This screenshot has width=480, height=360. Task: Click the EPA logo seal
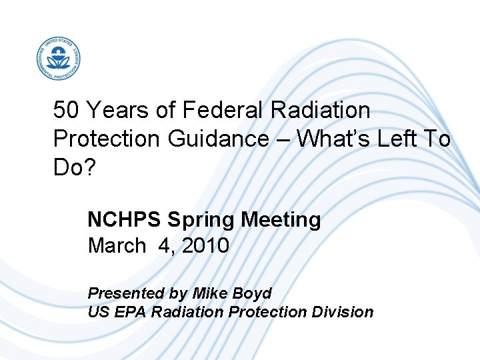pyautogui.click(x=59, y=59)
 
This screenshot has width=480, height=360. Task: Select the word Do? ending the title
pyautogui.click(x=75, y=168)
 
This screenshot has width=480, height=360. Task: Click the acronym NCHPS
pyautogui.click(x=125, y=219)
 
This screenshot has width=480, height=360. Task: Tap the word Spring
pyautogui.click(x=199, y=219)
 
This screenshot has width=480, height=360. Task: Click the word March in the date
pyautogui.click(x=116, y=246)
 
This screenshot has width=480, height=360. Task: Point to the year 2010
pyautogui.click(x=205, y=246)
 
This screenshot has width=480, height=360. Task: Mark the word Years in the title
pyautogui.click(x=117, y=109)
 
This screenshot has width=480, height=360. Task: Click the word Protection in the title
pyautogui.click(x=106, y=139)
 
